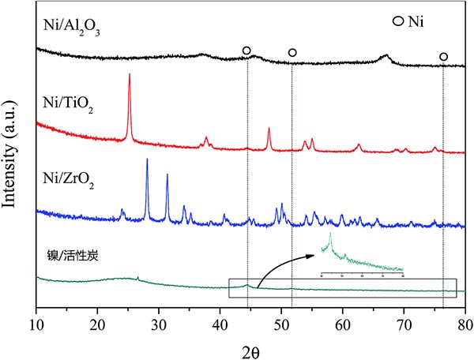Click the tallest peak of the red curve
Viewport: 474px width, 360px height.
(129, 76)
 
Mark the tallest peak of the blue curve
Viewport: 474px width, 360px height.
(147, 160)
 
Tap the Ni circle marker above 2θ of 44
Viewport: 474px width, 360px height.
(246, 51)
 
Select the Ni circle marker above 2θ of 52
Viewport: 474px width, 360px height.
(292, 53)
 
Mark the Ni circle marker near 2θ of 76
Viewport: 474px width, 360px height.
(443, 57)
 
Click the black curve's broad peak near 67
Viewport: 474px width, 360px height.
(385, 56)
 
